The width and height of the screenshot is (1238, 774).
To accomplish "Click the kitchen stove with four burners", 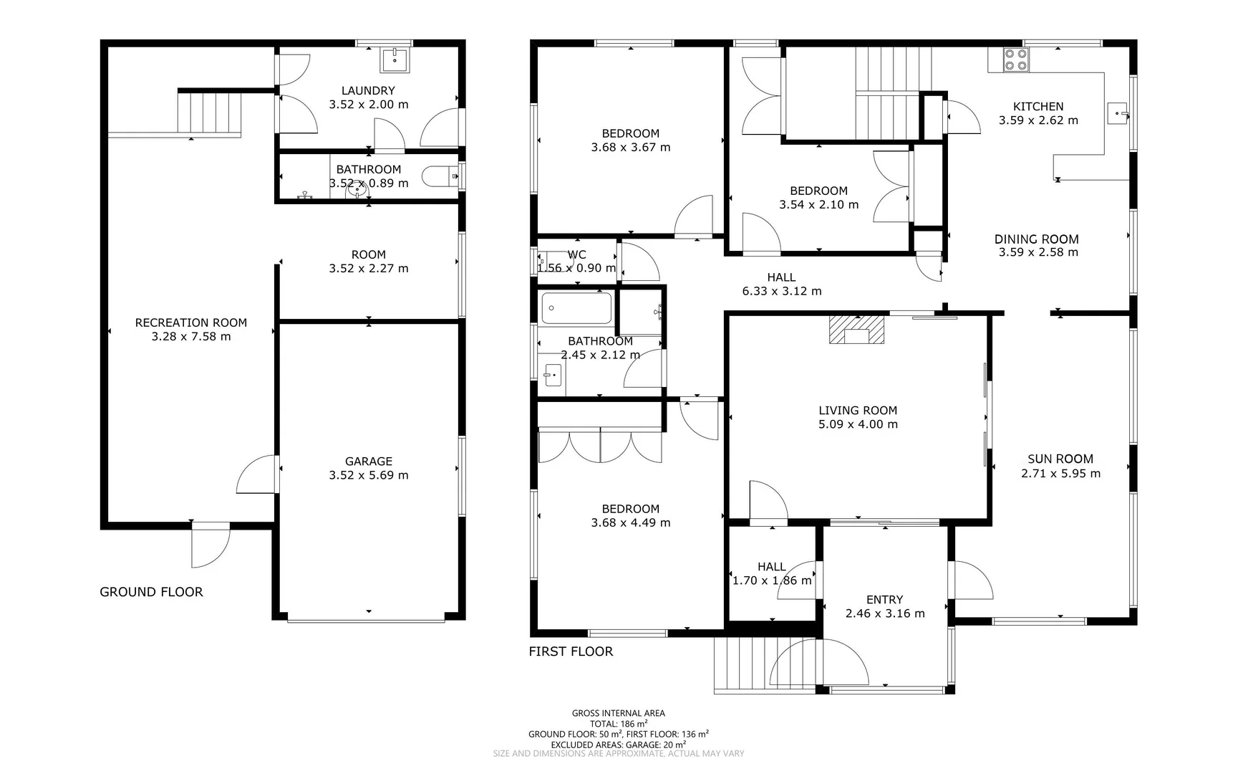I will coord(1015,59).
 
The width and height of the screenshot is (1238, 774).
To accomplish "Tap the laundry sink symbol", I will coord(395,60).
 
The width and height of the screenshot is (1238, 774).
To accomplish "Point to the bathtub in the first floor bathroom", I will coord(576,308).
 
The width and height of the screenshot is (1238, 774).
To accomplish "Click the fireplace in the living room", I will coord(856,330).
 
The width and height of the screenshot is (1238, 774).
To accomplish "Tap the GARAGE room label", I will coord(368,462).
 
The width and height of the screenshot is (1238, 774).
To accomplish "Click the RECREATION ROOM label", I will coord(190,322).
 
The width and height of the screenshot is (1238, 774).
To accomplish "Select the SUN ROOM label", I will coord(1060,459).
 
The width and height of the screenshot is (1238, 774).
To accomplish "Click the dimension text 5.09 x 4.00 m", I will coord(858,424).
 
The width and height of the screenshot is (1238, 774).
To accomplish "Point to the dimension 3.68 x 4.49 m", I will coord(630,523).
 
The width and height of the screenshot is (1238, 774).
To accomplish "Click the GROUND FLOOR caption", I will coord(151,592).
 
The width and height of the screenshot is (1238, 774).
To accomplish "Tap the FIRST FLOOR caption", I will coord(571,651).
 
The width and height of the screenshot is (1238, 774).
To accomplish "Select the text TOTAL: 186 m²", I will coord(618,724).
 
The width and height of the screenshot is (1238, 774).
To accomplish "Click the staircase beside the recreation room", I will coord(209,113).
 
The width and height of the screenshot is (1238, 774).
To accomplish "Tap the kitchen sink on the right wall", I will coord(1117,113).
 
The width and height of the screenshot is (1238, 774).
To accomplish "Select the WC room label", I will coord(576,254).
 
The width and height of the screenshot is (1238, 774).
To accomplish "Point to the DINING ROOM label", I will coord(1036,239).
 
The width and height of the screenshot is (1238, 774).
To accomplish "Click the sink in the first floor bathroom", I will coord(552,374).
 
